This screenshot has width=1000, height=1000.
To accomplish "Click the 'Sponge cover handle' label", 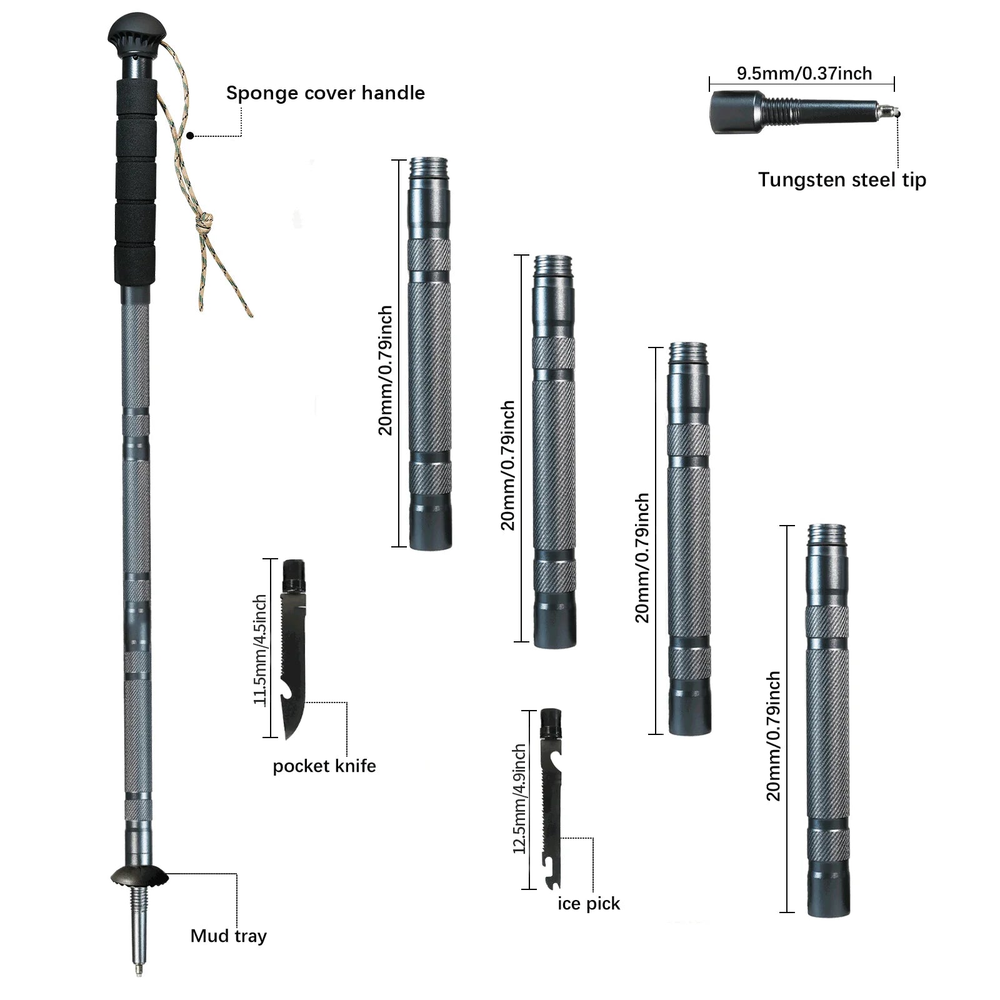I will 325,93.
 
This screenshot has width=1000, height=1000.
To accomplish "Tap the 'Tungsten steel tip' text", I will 842,180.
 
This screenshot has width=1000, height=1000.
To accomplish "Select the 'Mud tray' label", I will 228,936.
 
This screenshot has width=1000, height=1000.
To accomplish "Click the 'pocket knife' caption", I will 324,766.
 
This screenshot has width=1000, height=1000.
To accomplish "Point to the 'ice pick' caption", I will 589,904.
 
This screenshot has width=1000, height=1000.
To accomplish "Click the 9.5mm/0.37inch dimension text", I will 804,74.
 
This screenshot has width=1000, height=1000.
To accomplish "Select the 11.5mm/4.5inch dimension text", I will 261,650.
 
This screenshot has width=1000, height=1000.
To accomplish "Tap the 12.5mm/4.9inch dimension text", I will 520,799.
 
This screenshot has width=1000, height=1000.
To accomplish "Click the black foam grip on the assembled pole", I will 135,181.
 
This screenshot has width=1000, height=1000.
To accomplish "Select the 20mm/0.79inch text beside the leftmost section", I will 386,370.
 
